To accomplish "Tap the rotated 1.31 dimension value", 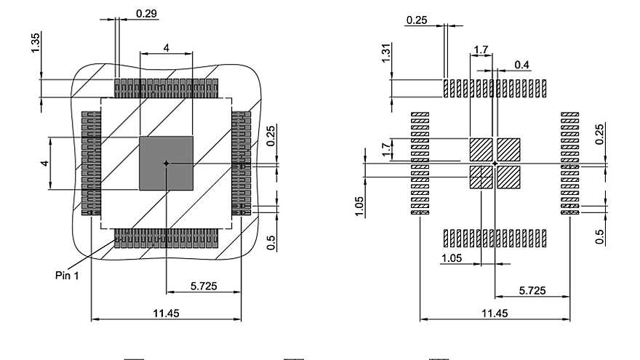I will click(x=386, y=53).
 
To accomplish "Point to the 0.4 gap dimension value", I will click(x=521, y=65).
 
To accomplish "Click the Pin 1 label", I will click(x=67, y=275).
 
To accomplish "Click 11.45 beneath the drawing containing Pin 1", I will click(x=167, y=313).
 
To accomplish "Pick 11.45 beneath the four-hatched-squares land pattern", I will click(x=495, y=313).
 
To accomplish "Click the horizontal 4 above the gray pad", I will click(x=167, y=48).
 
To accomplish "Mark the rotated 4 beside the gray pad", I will click(x=44, y=164).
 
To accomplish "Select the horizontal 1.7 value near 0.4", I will click(x=481, y=49).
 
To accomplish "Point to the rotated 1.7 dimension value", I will click(x=386, y=150).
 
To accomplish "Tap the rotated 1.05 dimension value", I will click(x=359, y=205).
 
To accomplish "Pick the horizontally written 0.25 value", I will click(x=417, y=20).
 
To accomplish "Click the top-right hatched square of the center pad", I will click(x=509, y=150).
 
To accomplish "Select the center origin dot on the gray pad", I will click(x=167, y=164).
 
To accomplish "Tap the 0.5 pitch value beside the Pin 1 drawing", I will click(x=272, y=242).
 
